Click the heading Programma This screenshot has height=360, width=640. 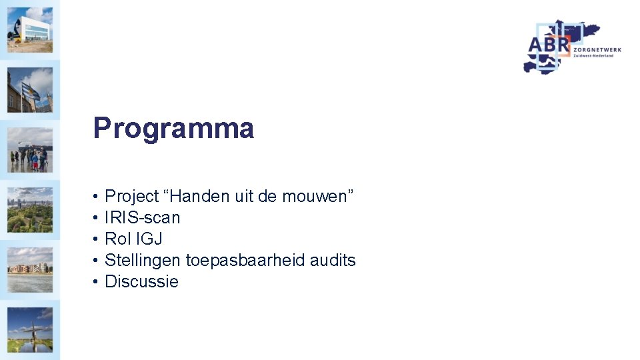(x=173, y=128)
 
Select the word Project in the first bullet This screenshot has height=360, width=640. (x=132, y=197)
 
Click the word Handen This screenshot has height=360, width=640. (x=199, y=197)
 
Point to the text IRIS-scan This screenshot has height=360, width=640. (x=142, y=218)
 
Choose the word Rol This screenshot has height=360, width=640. (x=118, y=239)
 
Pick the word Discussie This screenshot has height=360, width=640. (x=141, y=282)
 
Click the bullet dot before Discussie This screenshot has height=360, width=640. (x=96, y=282)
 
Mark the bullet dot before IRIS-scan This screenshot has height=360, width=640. (x=96, y=218)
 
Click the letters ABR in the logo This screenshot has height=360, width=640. (x=549, y=46)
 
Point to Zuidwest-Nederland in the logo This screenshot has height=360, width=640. (x=593, y=56)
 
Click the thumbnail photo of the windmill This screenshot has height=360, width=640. (x=30, y=329)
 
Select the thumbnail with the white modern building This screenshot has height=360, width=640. (x=30, y=30)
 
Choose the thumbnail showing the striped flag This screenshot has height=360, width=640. (x=30, y=91)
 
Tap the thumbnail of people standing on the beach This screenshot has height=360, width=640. (x=30, y=151)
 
